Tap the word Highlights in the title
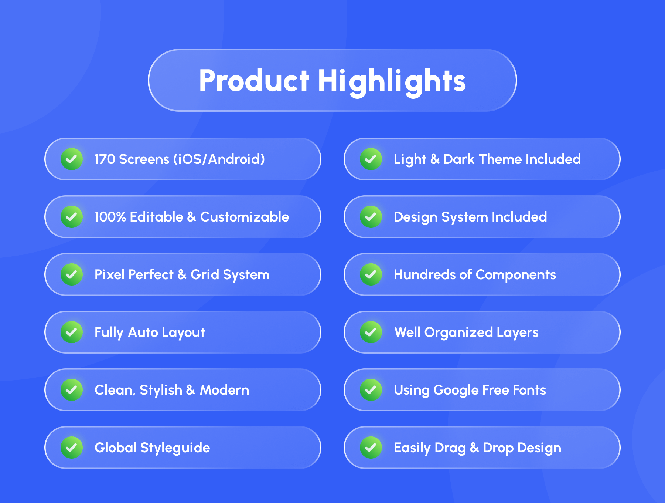click(x=392, y=82)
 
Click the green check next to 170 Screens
click(x=72, y=159)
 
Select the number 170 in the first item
click(x=105, y=159)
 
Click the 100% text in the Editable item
click(x=110, y=217)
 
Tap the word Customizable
click(x=245, y=217)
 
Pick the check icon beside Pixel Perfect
click(x=72, y=274)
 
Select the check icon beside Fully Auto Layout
click(x=72, y=332)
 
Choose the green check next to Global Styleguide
click(x=72, y=448)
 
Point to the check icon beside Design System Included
click(x=371, y=217)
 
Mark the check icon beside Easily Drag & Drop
click(x=371, y=448)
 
